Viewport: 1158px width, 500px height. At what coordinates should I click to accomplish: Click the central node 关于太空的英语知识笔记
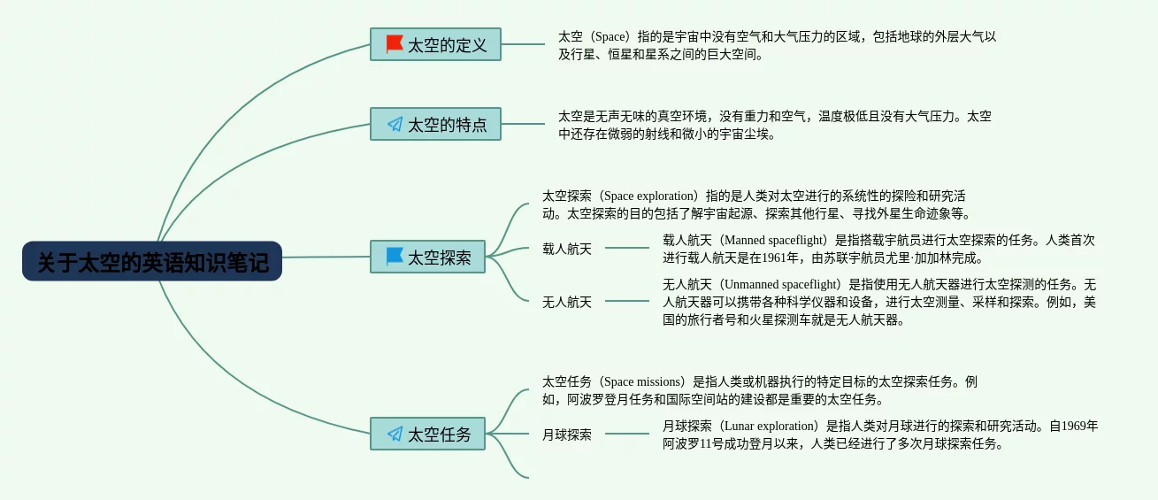click(x=152, y=262)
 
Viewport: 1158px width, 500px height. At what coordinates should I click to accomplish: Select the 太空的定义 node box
click(x=435, y=44)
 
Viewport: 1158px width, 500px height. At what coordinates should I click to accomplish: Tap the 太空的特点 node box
click(x=435, y=124)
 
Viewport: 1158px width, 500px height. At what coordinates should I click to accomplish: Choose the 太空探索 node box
click(x=427, y=258)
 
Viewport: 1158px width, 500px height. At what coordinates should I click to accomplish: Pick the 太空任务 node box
click(x=427, y=434)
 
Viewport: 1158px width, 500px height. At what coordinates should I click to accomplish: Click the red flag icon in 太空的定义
click(x=395, y=43)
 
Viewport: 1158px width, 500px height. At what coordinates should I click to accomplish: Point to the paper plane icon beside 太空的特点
click(x=395, y=124)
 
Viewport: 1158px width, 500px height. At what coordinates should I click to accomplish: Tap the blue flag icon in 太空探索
click(x=395, y=257)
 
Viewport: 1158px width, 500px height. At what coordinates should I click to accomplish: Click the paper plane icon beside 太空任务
click(x=395, y=434)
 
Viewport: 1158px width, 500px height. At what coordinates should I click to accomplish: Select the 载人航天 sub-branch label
click(x=567, y=249)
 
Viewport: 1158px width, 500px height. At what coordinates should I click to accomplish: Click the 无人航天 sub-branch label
click(x=567, y=302)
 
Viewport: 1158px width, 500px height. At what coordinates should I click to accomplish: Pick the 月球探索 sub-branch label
click(x=567, y=435)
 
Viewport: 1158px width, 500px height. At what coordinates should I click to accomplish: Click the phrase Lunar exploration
click(x=771, y=426)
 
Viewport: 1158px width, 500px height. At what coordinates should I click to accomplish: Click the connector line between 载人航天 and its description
click(x=627, y=249)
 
